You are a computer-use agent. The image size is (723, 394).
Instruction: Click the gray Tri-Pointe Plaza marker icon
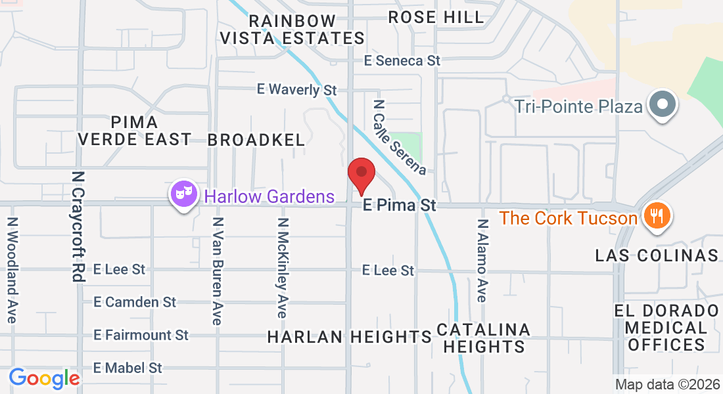click(x=662, y=105)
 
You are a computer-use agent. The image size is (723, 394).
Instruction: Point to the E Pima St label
click(x=400, y=206)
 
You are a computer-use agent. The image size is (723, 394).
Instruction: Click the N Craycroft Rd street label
click(x=78, y=227)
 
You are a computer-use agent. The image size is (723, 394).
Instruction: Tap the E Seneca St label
click(x=402, y=60)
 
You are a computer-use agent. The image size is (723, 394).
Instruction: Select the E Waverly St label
click(x=296, y=89)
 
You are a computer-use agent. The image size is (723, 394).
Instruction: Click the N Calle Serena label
click(x=400, y=137)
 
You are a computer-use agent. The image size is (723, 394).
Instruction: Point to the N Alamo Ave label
click(x=483, y=260)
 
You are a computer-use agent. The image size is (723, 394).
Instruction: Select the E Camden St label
click(x=135, y=302)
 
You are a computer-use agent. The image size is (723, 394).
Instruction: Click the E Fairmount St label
click(x=141, y=335)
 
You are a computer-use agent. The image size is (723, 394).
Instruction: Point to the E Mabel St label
click(x=128, y=368)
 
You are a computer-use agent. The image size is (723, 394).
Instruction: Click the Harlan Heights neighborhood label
click(x=349, y=337)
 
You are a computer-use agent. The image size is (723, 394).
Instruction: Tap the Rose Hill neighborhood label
click(x=436, y=18)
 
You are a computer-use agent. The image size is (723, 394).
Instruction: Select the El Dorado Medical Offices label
click(x=666, y=327)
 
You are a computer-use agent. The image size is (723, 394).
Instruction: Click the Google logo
click(x=44, y=378)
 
